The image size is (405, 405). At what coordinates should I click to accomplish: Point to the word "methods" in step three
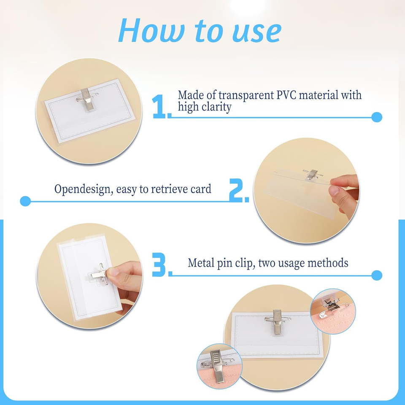328,263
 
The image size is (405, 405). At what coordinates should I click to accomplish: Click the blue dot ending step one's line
377,117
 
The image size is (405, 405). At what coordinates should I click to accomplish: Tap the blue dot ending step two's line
25,201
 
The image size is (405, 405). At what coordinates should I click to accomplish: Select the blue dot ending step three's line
377,275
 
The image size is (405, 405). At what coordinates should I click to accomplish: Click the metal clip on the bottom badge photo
277,322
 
